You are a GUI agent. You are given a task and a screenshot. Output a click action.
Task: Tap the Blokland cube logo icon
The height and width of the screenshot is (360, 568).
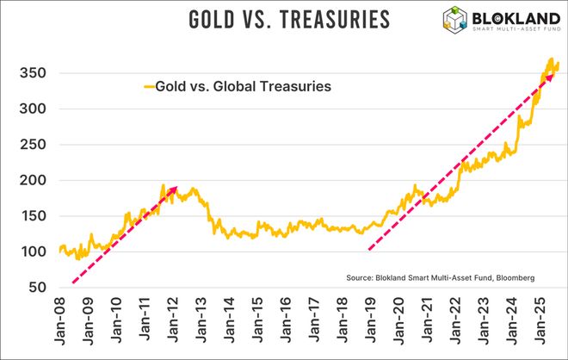click(x=456, y=22)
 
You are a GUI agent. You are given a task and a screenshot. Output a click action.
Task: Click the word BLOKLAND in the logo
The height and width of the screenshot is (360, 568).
click(x=515, y=17)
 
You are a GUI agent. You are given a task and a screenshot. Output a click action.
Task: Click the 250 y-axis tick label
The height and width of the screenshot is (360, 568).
click(x=30, y=145)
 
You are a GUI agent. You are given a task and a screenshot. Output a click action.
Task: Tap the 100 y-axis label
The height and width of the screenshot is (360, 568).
click(x=30, y=251)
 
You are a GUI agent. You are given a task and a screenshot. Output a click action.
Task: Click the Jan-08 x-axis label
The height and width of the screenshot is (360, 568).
click(x=60, y=325)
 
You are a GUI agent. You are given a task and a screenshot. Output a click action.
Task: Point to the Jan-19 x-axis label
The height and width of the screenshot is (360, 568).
click(x=369, y=325)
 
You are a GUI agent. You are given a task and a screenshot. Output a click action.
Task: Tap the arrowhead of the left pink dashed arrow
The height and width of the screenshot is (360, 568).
click(x=175, y=189)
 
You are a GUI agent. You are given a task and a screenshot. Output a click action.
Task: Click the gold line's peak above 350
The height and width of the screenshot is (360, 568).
click(x=551, y=59)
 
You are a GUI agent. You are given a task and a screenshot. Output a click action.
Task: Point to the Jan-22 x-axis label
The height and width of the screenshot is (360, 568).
click(x=454, y=325)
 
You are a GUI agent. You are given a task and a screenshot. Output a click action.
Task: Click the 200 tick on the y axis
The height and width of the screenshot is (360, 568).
click(x=30, y=180)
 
